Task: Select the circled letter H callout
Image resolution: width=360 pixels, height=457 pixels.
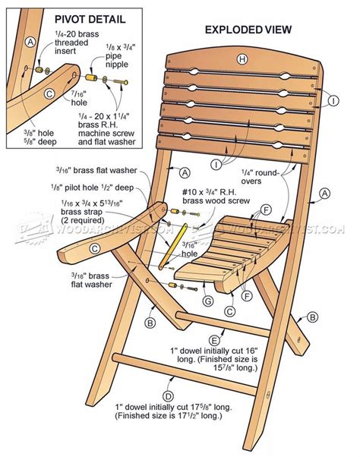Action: click(x=242, y=59)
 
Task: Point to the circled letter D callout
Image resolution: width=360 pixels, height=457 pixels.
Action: click(x=166, y=395)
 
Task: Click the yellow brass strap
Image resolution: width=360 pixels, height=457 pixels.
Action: click(x=172, y=247)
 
